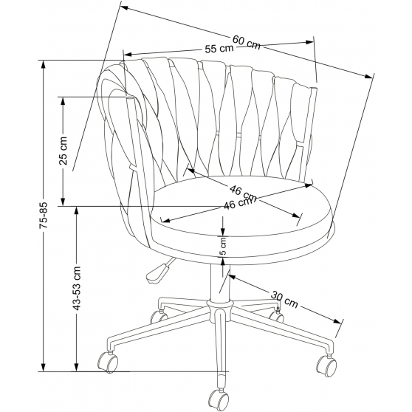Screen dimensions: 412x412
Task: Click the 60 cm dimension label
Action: point(247,42)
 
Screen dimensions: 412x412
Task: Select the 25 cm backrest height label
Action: point(63,151)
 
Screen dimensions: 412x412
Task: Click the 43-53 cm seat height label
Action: point(77,288)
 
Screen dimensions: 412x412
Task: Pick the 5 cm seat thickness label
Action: point(223,246)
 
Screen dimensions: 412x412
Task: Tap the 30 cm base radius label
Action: point(284,299)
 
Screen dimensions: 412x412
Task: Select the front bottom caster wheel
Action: point(219,399)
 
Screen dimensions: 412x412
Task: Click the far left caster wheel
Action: point(108,362)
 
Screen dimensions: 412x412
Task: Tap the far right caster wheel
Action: point(326,366)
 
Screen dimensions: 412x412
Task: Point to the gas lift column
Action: point(220,283)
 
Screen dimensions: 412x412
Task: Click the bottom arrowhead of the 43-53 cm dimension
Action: point(77,367)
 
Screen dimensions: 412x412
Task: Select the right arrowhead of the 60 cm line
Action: point(368,77)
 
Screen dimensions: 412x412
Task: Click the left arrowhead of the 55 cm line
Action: point(128,55)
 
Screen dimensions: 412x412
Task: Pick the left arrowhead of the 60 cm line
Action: point(123,8)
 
